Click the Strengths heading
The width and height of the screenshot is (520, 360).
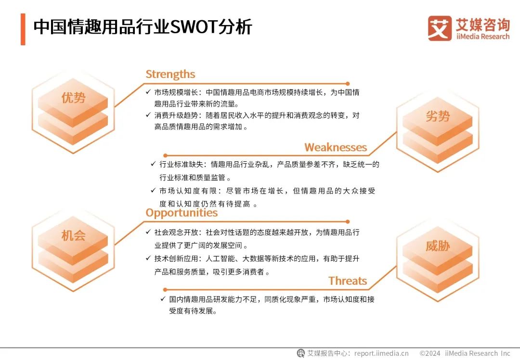click(x=170, y=74)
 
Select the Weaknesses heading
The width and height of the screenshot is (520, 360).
click(x=336, y=147)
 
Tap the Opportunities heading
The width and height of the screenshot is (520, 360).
click(x=182, y=213)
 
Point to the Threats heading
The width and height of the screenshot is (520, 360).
click(x=348, y=281)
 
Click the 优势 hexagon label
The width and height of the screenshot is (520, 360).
click(x=73, y=98)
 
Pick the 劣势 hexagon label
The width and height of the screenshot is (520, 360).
click(x=438, y=116)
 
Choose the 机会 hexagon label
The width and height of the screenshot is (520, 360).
click(x=73, y=235)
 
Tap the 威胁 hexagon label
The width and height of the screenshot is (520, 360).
click(x=438, y=246)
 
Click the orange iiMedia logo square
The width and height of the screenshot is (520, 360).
click(x=440, y=28)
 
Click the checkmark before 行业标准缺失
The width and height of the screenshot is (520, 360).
click(x=153, y=164)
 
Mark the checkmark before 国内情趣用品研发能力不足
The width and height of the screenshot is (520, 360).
click(x=163, y=299)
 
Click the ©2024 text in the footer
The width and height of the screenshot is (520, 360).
click(x=429, y=353)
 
